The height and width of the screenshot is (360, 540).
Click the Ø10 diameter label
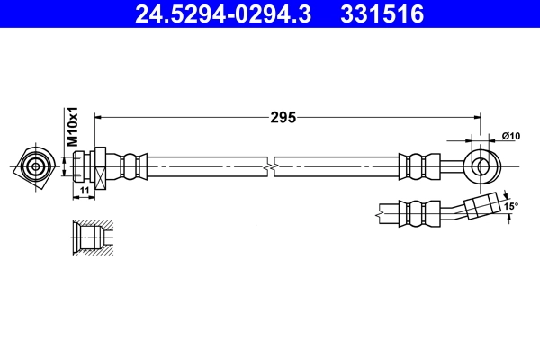(511, 136)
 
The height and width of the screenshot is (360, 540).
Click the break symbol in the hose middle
(271, 166)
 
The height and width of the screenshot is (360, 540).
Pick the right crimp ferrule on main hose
(417, 166)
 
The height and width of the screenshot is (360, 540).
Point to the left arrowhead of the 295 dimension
(99, 117)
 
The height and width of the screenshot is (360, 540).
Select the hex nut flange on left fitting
(102, 166)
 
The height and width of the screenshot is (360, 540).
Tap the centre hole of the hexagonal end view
(36, 166)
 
